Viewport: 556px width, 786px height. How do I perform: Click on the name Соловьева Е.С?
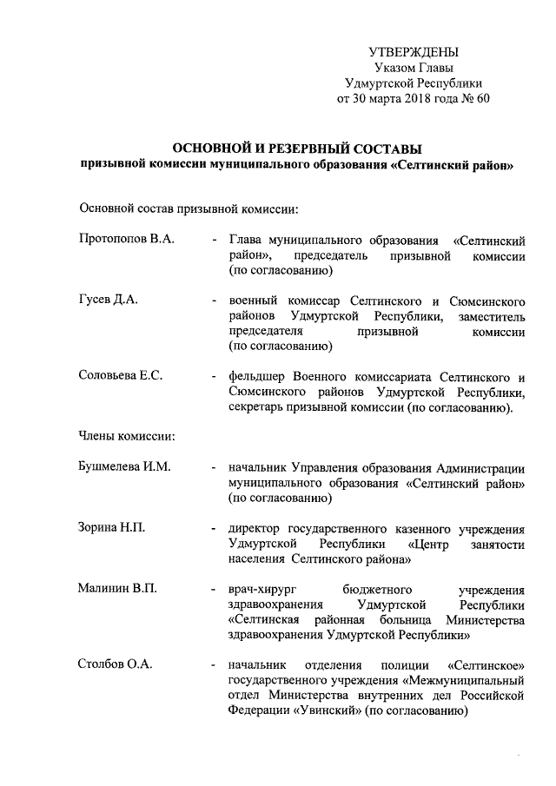120,376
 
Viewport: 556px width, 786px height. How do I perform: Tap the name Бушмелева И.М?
124,467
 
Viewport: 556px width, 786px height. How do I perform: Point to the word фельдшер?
257,377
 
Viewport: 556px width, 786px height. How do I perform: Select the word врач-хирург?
262,589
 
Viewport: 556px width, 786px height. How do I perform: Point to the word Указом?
394,68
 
